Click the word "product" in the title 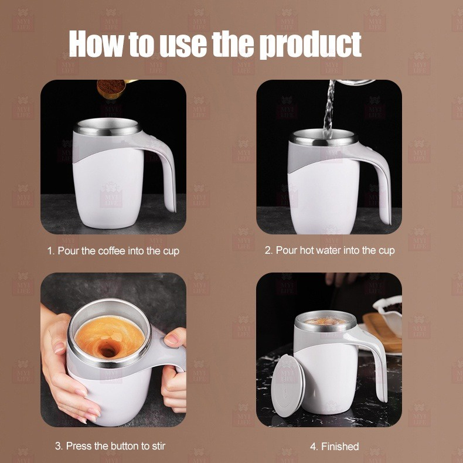311,45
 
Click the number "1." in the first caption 51,251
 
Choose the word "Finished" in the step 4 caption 340,447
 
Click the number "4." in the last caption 314,447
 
